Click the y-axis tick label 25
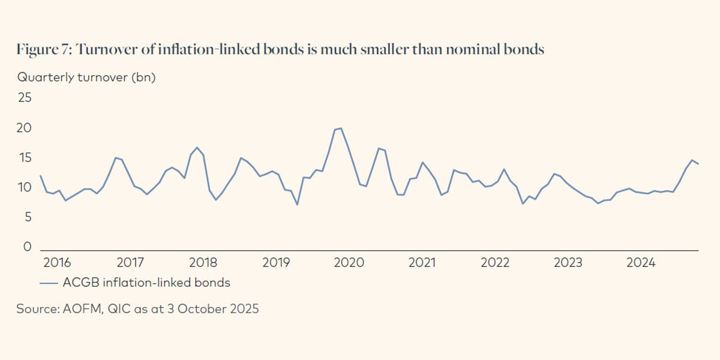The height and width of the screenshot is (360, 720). (25, 98)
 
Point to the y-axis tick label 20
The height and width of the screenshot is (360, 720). (25, 128)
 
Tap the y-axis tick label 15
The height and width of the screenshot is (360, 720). (25, 158)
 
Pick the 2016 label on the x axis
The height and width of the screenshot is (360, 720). (57, 263)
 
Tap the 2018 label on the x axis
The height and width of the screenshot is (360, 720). (203, 263)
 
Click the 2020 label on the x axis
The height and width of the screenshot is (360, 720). (349, 263)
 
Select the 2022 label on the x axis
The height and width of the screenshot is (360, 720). (495, 263)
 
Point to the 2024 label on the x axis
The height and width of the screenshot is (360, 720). (641, 263)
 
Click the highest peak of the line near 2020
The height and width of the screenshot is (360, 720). (341, 128)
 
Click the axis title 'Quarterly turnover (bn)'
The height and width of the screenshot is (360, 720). (86, 77)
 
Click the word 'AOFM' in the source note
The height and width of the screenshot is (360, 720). (82, 310)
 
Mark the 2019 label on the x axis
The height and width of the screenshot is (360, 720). (276, 263)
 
